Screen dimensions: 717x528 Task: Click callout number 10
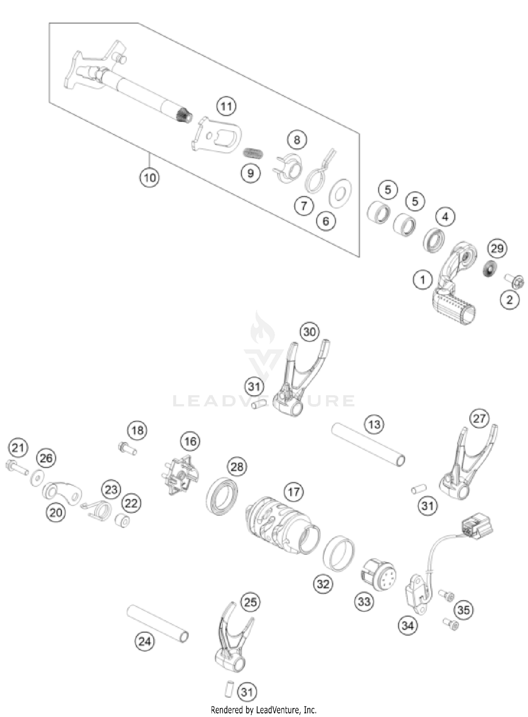pos(149,177)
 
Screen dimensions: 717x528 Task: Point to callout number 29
pos(497,249)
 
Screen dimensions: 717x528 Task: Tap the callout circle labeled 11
pos(226,106)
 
